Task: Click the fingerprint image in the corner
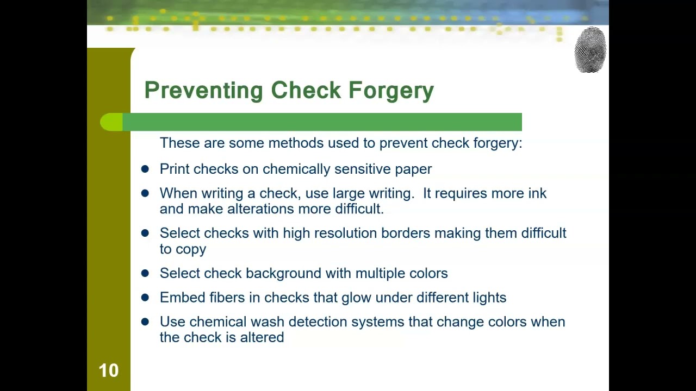point(590,49)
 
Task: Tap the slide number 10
point(108,370)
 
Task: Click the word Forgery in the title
point(391,91)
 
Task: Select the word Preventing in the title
point(203,91)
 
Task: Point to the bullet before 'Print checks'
point(145,169)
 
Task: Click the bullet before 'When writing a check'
point(145,193)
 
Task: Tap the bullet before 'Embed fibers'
point(145,297)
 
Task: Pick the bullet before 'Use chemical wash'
point(145,321)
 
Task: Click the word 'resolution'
point(345,233)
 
